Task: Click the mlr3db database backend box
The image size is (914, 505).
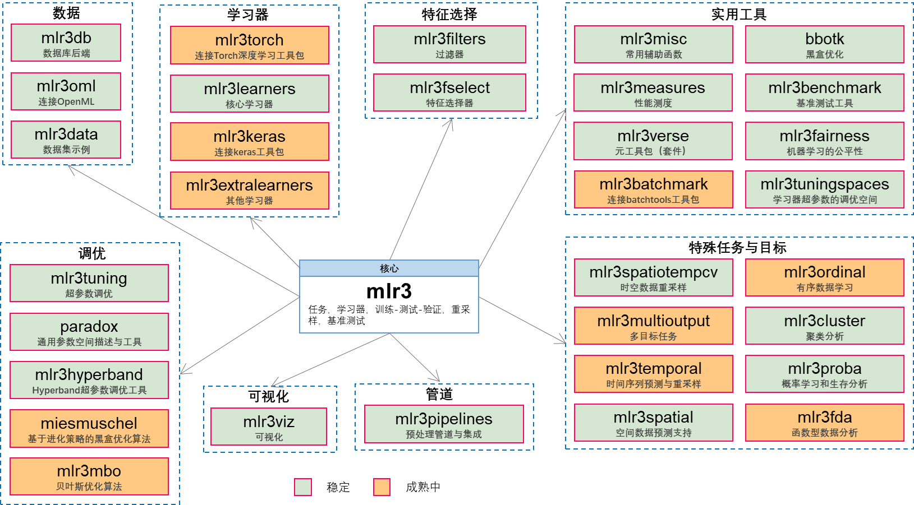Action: [x=66, y=43]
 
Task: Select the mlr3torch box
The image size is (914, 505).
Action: [x=250, y=45]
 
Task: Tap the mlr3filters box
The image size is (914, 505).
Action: [x=449, y=44]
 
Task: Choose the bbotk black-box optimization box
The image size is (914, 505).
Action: [x=824, y=44]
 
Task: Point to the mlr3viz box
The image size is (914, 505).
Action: [x=269, y=427]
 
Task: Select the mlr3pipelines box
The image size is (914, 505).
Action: [x=444, y=424]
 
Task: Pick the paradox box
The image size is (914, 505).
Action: [x=89, y=332]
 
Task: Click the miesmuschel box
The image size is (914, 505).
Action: [x=89, y=429]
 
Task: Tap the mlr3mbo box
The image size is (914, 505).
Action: [x=89, y=476]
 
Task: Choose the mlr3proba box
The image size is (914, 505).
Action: [x=824, y=374]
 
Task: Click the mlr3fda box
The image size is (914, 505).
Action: [x=824, y=423]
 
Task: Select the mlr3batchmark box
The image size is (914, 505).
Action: [x=653, y=189]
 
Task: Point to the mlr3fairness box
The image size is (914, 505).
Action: [x=824, y=141]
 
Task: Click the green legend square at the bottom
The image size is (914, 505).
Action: [x=303, y=487]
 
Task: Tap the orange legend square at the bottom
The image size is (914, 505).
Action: [x=382, y=487]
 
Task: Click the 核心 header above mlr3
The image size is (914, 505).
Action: [x=389, y=268]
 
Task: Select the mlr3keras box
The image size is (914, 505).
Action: [x=250, y=142]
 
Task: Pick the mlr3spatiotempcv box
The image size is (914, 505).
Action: [x=653, y=277]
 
